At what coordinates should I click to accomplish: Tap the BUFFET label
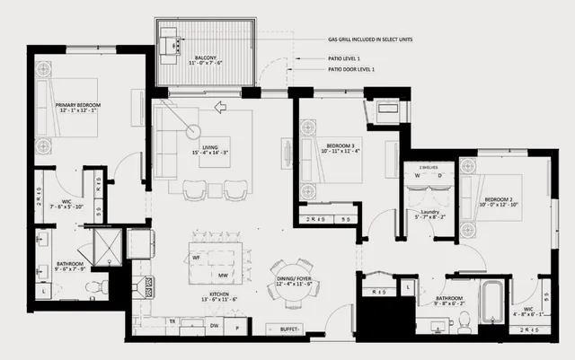(290, 329)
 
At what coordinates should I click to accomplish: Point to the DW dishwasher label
(214, 328)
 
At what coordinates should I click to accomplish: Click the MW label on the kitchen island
(222, 277)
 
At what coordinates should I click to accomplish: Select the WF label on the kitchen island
(196, 258)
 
